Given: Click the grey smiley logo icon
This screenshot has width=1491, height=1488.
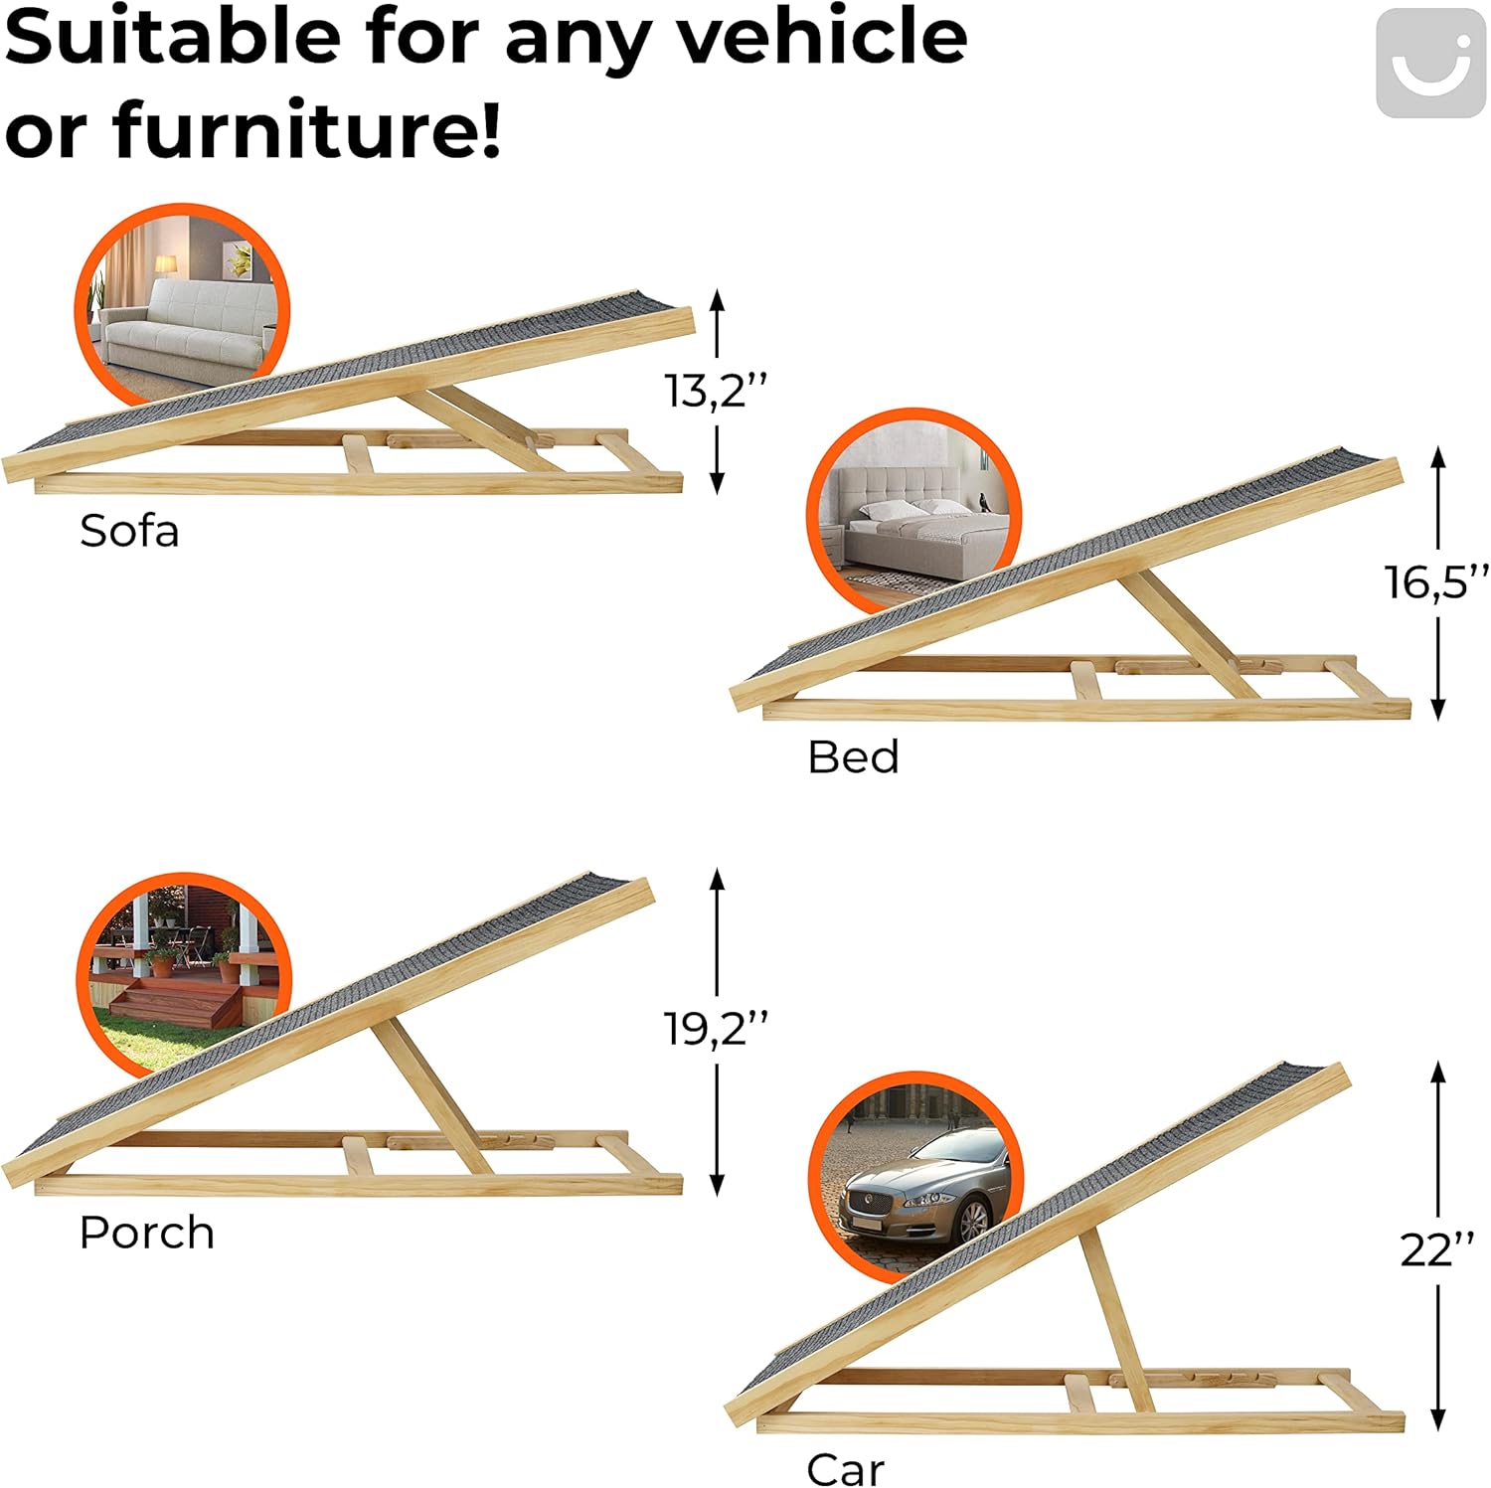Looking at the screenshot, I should click(x=1430, y=64).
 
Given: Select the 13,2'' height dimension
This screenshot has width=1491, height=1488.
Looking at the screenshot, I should click(x=716, y=391).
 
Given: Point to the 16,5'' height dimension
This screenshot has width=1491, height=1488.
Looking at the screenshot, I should click(x=1437, y=581).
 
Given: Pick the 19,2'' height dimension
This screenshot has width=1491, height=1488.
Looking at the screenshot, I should click(x=716, y=1028).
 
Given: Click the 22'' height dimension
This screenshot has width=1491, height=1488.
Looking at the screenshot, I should click(x=1437, y=1249).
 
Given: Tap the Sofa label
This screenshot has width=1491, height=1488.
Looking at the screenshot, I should click(x=129, y=531).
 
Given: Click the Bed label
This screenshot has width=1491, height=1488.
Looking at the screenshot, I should click(x=853, y=757).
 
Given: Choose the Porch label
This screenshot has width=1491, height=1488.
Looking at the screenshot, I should click(x=147, y=1234).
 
